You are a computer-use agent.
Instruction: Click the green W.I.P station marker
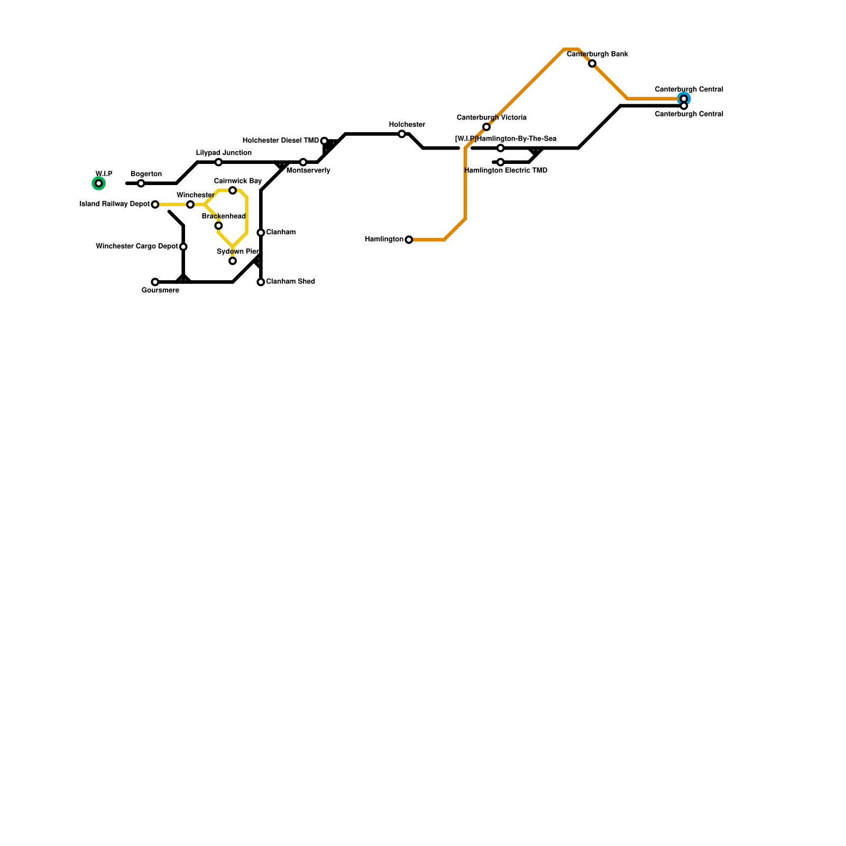point(99,183)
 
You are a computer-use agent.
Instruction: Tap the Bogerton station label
point(146,174)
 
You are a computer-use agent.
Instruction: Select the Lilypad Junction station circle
point(218,162)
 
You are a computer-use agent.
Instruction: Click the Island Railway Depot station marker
point(155,205)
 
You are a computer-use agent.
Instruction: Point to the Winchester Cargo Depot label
point(137,246)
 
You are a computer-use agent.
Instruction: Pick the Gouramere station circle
point(155,282)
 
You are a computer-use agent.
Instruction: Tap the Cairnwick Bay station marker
point(233,190)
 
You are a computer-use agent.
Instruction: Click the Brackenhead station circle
point(218,226)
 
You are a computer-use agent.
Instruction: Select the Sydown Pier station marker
point(233,261)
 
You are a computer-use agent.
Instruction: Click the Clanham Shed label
point(290,282)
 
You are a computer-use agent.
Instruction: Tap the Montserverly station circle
point(303,162)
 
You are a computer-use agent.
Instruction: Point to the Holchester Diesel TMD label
point(281,141)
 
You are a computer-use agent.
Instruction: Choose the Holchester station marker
point(402,134)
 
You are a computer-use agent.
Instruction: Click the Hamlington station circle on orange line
point(409,240)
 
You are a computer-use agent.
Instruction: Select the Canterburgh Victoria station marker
point(486,127)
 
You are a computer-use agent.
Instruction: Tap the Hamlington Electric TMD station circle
point(501,162)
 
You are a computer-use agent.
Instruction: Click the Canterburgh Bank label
point(597,54)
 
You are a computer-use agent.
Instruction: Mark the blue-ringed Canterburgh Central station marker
point(684,99)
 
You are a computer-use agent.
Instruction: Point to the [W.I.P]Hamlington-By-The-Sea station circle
point(501,148)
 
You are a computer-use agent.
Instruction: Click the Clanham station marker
point(261,233)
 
